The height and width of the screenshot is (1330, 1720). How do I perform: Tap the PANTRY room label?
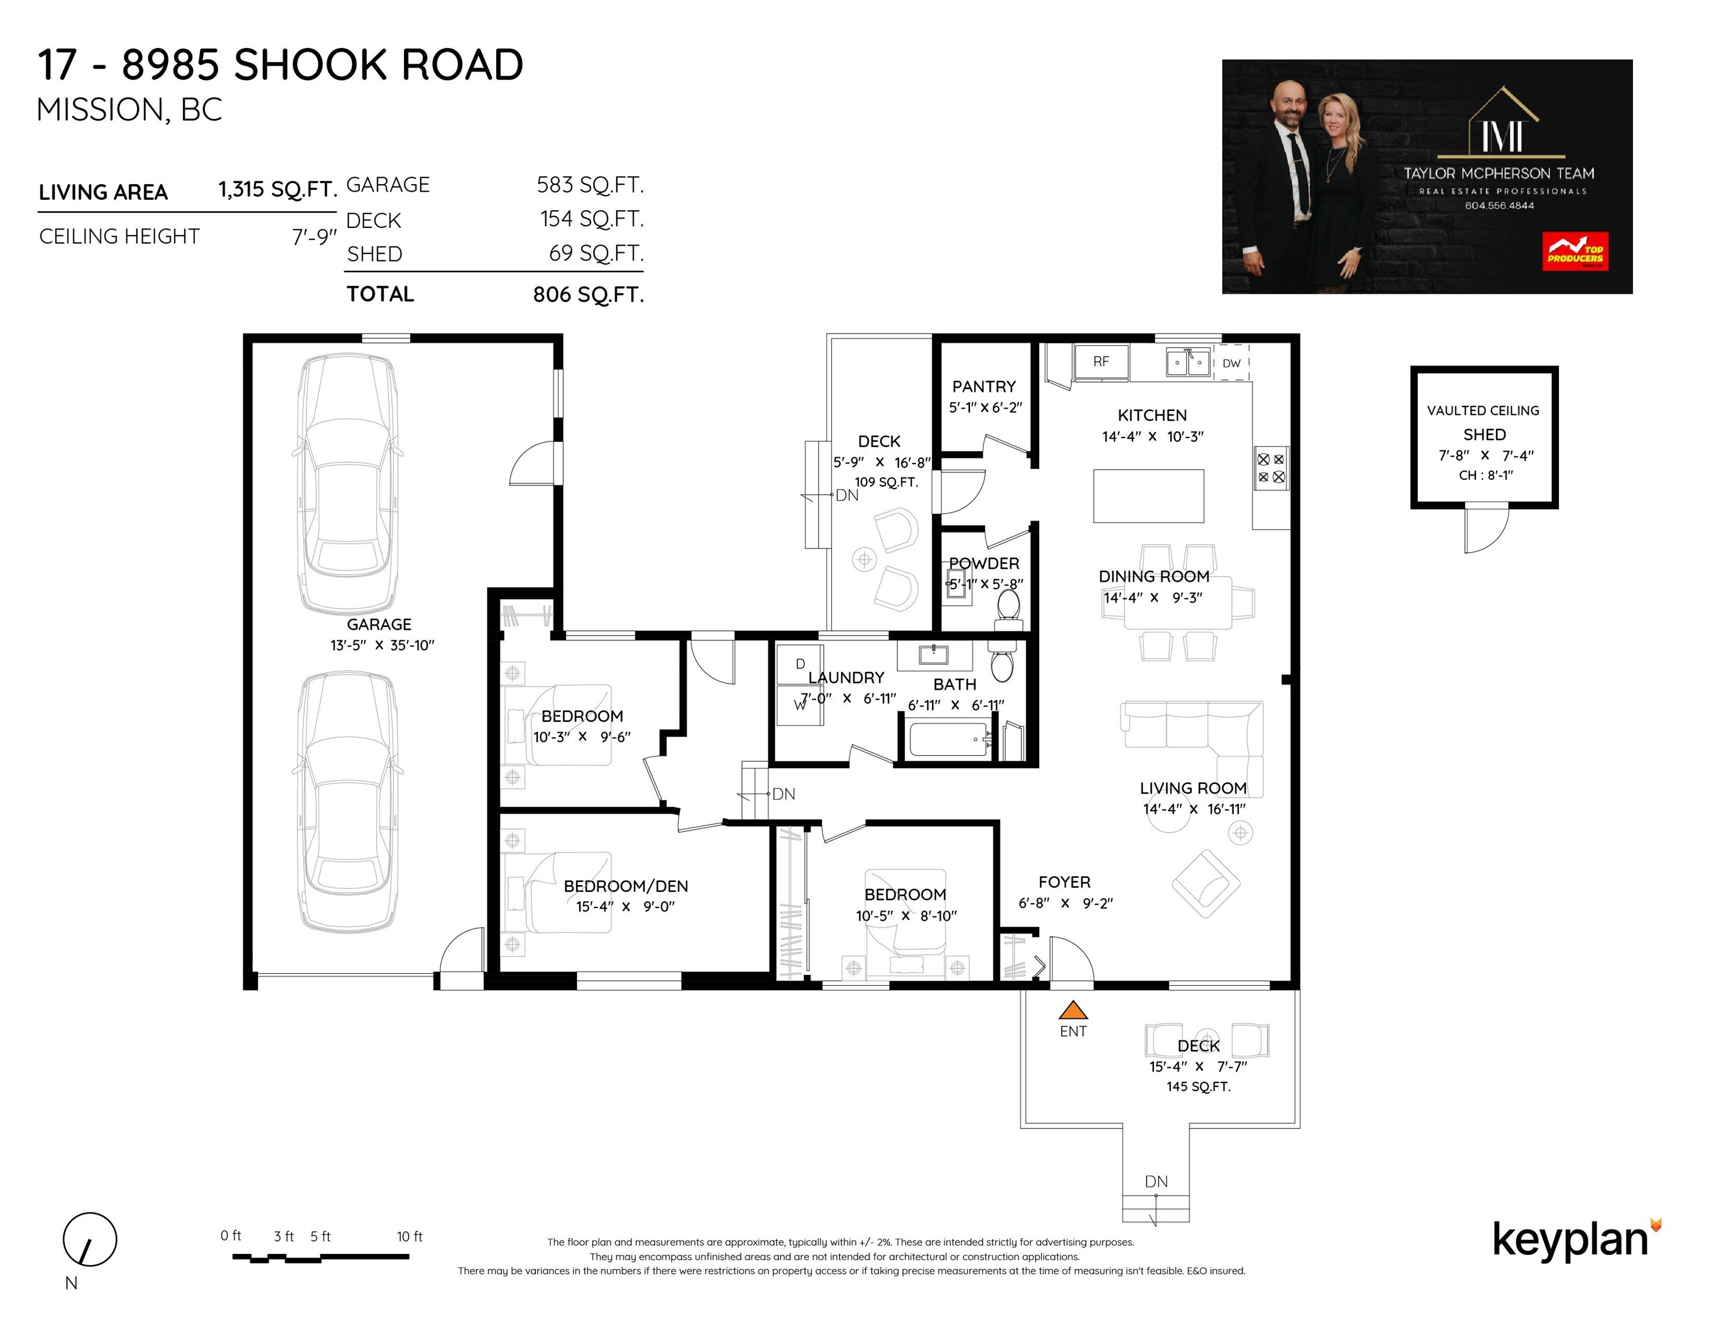click(984, 386)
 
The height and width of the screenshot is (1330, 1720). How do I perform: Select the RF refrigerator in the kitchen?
click(1101, 363)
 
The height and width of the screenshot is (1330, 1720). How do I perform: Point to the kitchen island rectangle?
click(1148, 496)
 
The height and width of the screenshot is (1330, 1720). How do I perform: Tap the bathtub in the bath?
click(950, 739)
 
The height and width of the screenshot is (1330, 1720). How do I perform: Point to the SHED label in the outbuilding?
click(1484, 434)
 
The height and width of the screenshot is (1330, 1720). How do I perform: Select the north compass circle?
click(90, 1239)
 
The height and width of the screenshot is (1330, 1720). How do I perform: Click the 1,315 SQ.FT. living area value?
click(277, 190)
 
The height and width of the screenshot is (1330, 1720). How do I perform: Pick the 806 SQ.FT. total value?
click(589, 294)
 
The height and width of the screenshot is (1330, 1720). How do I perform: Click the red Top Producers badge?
click(1575, 251)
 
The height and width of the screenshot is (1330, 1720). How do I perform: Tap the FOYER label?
click(1064, 881)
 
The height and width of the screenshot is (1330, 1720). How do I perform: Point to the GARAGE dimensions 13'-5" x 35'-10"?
click(382, 645)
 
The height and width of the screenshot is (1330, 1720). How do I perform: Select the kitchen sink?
click(1187, 363)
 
